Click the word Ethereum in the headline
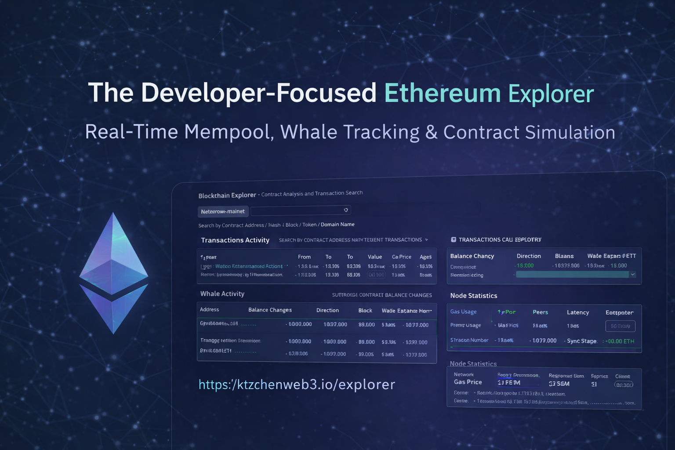(x=442, y=93)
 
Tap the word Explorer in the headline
(x=551, y=94)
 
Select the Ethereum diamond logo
(x=113, y=273)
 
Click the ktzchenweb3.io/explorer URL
(x=297, y=385)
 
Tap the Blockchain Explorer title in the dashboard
(x=227, y=195)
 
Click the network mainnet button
(x=223, y=211)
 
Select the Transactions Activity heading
(x=235, y=240)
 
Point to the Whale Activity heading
(x=222, y=294)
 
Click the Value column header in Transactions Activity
(x=375, y=257)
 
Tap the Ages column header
(x=425, y=257)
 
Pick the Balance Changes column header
(x=270, y=310)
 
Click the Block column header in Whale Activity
(x=365, y=310)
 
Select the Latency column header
(x=578, y=312)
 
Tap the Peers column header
(x=541, y=312)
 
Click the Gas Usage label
(x=463, y=312)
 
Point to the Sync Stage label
(x=581, y=341)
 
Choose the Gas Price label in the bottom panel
(x=468, y=382)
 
